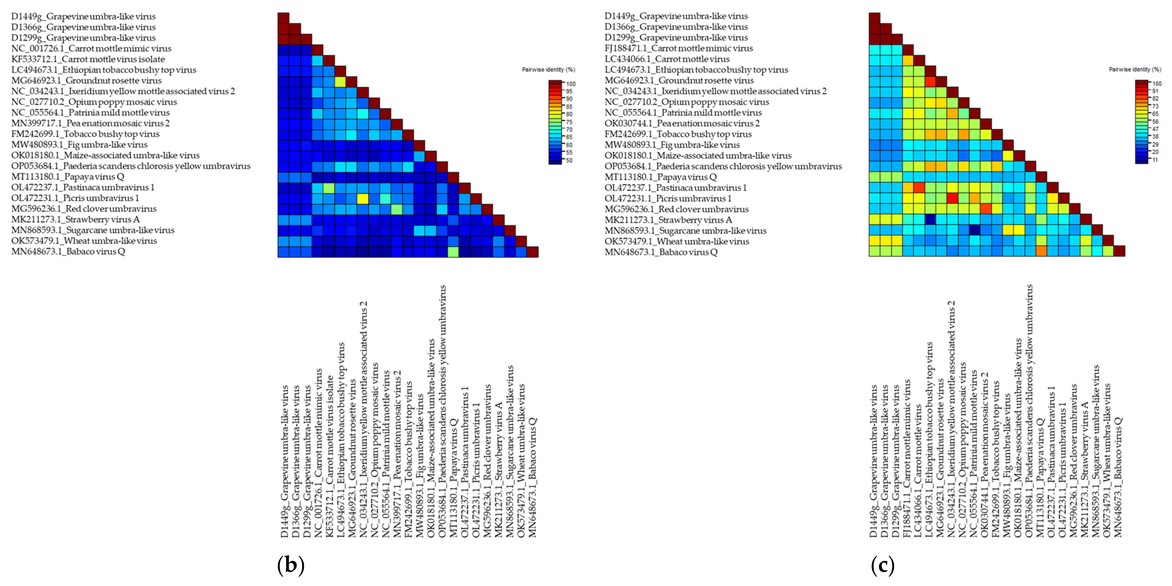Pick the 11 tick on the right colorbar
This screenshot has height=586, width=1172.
click(1156, 160)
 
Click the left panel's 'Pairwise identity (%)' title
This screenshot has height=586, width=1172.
click(548, 70)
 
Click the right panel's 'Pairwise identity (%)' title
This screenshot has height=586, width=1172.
click(1135, 70)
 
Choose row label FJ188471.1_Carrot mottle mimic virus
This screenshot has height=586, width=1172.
click(678, 48)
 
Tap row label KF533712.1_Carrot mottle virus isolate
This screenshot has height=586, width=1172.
click(88, 59)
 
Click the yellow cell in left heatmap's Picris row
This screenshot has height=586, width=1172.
click(363, 198)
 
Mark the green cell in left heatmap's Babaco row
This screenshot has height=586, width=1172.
click(453, 252)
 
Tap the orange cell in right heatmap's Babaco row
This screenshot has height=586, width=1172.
click(1041, 251)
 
